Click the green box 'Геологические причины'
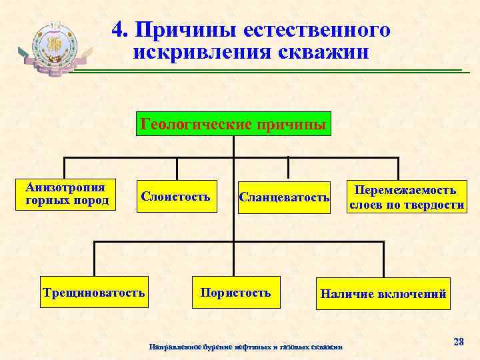pyautogui.click(x=234, y=124)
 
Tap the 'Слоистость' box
pyautogui.click(x=176, y=197)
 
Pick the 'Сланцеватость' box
pyautogui.click(x=284, y=197)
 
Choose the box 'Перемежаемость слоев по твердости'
pyautogui.click(x=406, y=197)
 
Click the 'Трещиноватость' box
pyautogui.click(x=93, y=292)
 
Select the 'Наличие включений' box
pyautogui.click(x=383, y=293)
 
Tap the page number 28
pyautogui.click(x=458, y=341)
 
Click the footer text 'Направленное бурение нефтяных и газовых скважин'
pyautogui.click(x=246, y=347)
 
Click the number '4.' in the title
pyautogui.click(x=120, y=30)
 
